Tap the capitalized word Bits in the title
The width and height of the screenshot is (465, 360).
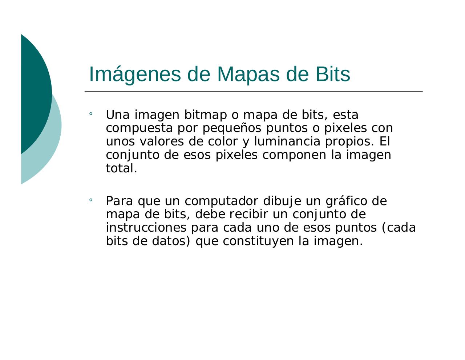pos(332,74)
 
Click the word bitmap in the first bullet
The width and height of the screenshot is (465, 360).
pos(205,115)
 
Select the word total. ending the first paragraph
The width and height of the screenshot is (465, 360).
pos(121,168)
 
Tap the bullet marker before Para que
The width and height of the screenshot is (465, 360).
pos(90,200)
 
